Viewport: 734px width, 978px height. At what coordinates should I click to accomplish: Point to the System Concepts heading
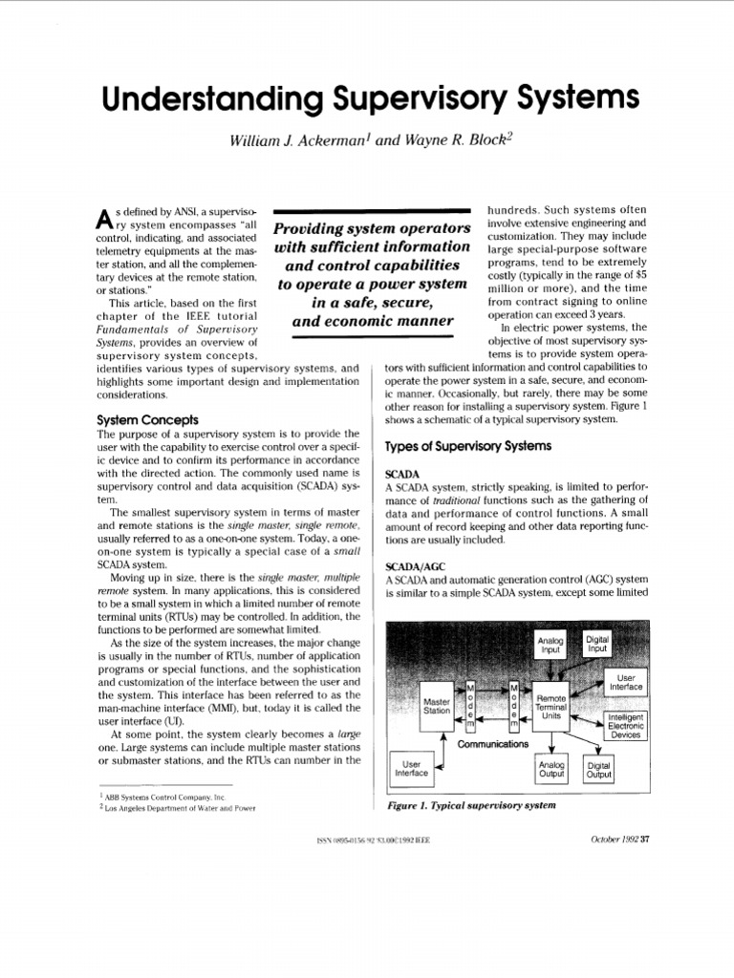pyautogui.click(x=148, y=419)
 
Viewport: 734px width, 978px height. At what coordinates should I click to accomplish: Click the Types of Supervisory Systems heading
pyautogui.click(x=467, y=446)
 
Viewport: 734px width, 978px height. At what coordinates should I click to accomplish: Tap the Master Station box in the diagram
pyautogui.click(x=436, y=706)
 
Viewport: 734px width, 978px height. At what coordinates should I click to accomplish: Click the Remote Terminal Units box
pyautogui.click(x=551, y=706)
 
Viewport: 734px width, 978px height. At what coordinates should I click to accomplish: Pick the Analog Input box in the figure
pyautogui.click(x=551, y=645)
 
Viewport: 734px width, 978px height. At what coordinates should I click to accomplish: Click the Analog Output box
pyautogui.click(x=551, y=769)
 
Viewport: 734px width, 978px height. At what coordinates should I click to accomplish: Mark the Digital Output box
pyautogui.click(x=599, y=770)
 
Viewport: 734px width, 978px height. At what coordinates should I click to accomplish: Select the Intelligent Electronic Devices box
pyautogui.click(x=626, y=726)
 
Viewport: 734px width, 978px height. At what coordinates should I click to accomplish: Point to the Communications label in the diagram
pyautogui.click(x=492, y=743)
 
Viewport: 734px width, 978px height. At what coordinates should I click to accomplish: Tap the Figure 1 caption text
pyautogui.click(x=471, y=805)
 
